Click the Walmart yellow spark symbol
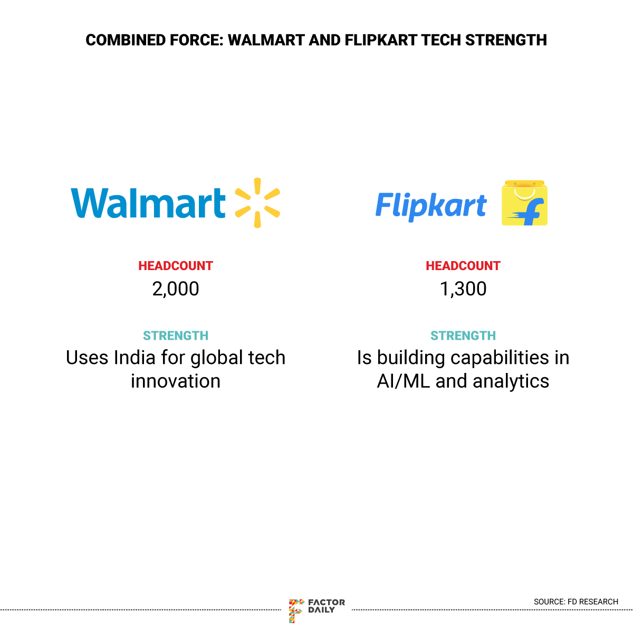(x=257, y=203)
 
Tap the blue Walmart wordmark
(x=148, y=203)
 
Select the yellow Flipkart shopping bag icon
(x=524, y=203)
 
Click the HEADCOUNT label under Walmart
(x=176, y=266)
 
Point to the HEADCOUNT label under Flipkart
(x=463, y=266)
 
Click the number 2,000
(x=176, y=289)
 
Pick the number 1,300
(x=463, y=289)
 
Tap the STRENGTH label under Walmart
(x=176, y=335)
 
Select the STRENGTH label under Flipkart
(x=463, y=335)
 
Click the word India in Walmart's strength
(x=135, y=358)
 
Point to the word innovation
(x=176, y=381)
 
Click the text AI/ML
(x=404, y=381)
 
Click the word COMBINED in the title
(x=126, y=40)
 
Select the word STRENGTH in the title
(x=506, y=40)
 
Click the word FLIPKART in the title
(x=381, y=40)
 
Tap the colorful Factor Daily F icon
(x=296, y=611)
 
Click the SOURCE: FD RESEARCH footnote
(x=576, y=601)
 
